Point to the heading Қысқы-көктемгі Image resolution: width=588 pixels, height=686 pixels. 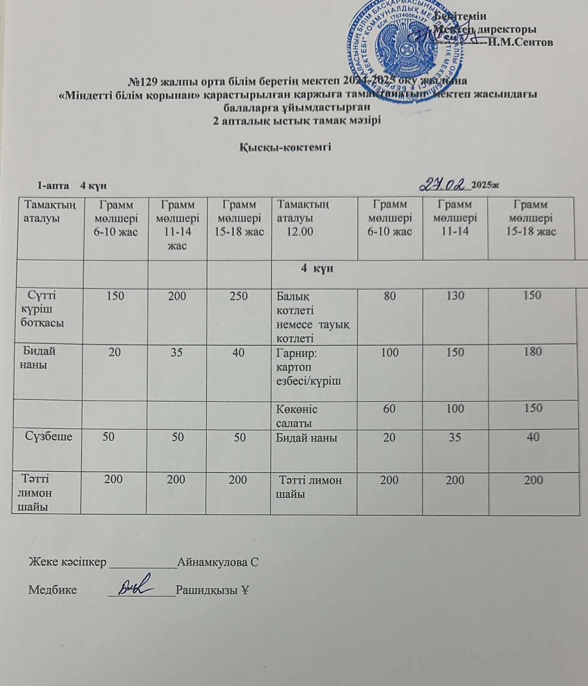(285, 147)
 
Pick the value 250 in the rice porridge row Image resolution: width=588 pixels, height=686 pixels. (239, 296)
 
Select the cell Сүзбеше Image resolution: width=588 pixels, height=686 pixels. (48, 436)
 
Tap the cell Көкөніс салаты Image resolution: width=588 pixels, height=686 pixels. (297, 415)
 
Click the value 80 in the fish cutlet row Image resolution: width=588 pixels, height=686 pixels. (390, 295)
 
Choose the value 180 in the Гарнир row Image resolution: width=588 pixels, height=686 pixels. (533, 352)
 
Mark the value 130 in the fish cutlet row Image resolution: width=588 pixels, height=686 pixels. (455, 295)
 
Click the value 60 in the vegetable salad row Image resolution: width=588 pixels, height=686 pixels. (389, 408)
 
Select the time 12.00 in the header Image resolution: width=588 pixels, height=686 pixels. (300, 232)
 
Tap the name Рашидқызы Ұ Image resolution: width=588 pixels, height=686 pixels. (213, 590)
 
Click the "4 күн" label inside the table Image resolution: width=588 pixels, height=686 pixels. (317, 269)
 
